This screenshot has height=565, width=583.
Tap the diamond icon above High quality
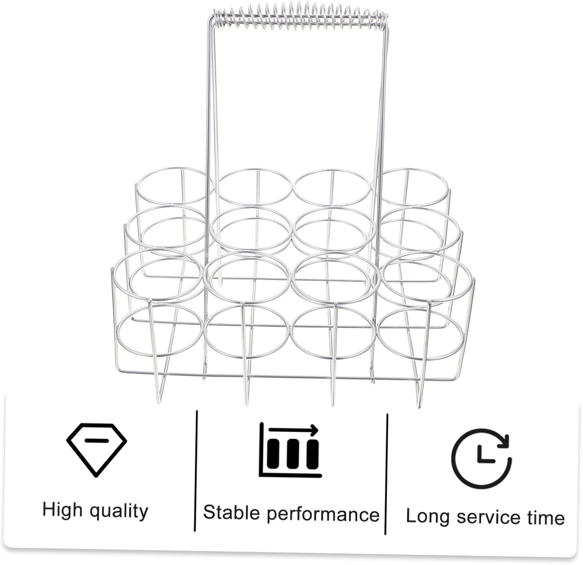pos(96,450)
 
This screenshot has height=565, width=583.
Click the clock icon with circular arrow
pos(481,458)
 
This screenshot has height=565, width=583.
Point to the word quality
pos(119,511)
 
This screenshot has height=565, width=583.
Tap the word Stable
pos(231,512)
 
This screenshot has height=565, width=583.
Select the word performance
pos(323,514)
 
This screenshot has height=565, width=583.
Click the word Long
pos(428,516)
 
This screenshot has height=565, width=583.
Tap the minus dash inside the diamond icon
pos(96,440)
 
